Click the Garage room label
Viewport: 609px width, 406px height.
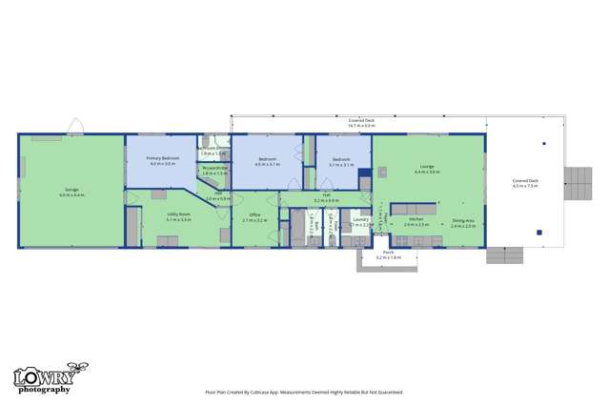71,191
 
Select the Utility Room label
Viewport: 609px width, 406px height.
178,216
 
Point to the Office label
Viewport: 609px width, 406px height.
254,216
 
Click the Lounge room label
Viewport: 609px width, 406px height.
426,169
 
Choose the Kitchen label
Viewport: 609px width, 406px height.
416,222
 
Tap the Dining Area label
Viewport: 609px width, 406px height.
464,222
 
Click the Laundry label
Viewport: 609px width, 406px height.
360,222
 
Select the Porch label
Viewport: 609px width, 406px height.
388,255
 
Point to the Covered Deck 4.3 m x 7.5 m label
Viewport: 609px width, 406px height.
525,182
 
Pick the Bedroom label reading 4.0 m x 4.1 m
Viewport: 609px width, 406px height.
268,161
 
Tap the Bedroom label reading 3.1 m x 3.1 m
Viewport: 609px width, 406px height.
341,161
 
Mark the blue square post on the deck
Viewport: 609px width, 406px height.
539,232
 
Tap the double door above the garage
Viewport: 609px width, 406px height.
75,127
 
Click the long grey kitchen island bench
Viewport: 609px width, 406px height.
413,207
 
